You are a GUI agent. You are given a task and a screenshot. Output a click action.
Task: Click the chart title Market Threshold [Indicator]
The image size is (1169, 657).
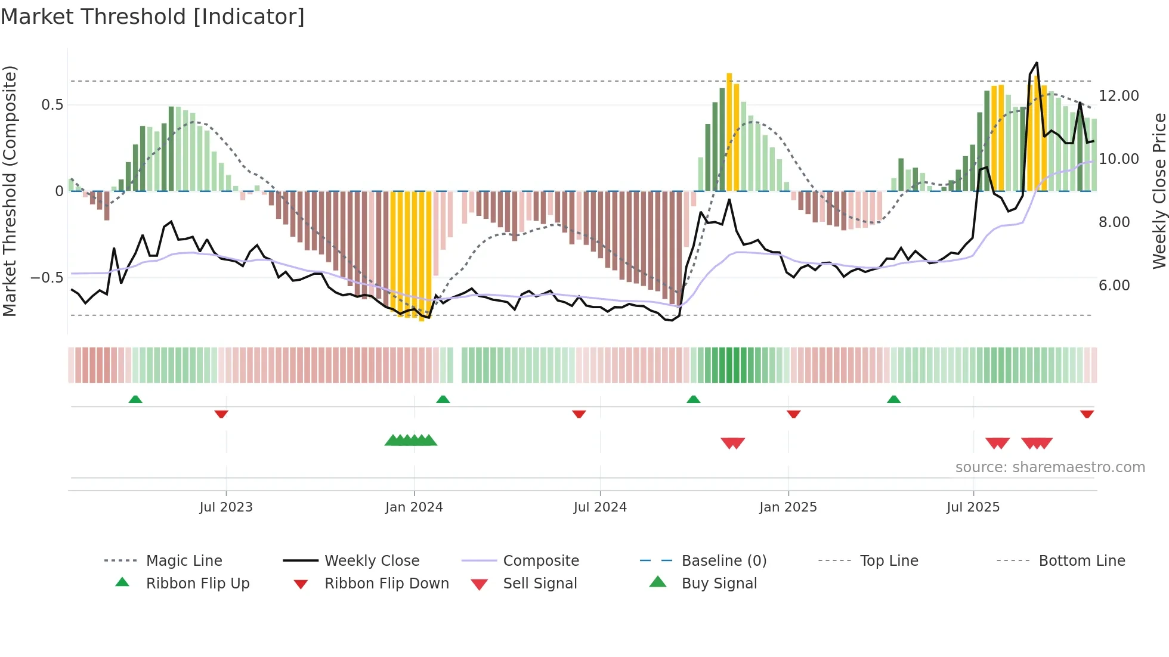point(153,17)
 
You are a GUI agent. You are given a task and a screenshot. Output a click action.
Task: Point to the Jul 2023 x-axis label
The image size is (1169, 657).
point(226,507)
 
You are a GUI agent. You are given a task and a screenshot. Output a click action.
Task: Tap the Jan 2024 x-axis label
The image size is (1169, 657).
point(414,507)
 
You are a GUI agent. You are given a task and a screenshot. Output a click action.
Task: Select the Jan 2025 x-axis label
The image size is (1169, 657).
point(788,507)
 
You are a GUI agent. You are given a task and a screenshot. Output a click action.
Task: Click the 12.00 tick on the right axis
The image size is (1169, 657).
point(1118,96)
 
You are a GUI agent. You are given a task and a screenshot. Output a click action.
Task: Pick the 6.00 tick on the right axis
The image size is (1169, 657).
point(1114,286)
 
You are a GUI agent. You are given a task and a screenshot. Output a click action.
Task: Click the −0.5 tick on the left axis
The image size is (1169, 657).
point(47,278)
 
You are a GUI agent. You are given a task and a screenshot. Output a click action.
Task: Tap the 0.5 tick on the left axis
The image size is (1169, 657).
point(52,105)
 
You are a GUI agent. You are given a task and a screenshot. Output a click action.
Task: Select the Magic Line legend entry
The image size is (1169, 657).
point(184,561)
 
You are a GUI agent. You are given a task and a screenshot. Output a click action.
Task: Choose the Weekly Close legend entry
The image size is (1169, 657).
point(372,561)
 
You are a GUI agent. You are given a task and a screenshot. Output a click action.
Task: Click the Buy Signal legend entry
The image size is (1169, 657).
point(719,584)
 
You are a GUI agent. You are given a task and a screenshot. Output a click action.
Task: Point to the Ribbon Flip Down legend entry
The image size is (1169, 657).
point(386,584)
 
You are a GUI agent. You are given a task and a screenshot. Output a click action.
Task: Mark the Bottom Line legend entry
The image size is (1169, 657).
point(1081,561)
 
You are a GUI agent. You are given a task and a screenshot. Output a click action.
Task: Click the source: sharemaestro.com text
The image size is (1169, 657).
point(1050,467)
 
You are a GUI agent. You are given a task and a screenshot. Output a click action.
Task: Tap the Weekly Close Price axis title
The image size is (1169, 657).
point(1159,191)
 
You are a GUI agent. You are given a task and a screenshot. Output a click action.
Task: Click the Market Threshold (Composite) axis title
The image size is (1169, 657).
point(10,191)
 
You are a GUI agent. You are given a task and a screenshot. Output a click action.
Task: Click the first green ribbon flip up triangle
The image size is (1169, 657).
point(135,399)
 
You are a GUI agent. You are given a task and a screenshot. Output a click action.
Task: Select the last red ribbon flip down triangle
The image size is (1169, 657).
point(1087,414)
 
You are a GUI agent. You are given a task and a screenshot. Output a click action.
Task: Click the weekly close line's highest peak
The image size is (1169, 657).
point(1037,63)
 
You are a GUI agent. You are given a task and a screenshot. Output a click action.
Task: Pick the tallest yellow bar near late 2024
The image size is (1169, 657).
point(729,131)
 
